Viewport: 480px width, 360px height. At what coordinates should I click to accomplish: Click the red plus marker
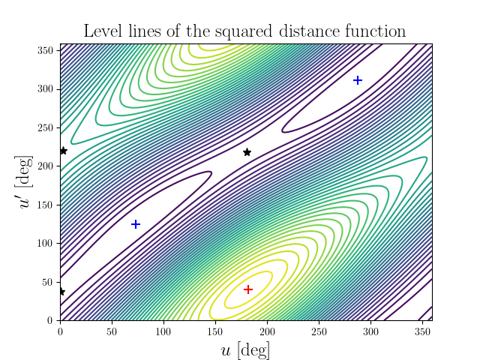click(248, 289)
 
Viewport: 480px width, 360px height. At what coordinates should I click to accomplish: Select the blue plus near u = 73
click(136, 224)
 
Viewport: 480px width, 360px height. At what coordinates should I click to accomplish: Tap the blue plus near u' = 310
click(358, 80)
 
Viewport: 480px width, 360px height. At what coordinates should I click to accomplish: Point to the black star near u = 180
click(247, 152)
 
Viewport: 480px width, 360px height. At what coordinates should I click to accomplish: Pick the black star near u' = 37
click(61, 292)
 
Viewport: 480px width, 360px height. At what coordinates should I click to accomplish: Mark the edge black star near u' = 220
click(63, 151)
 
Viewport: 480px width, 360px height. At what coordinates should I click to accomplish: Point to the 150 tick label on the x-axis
click(214, 331)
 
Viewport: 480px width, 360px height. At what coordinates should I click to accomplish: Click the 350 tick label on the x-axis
click(421, 331)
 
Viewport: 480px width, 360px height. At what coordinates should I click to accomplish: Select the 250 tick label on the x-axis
click(318, 331)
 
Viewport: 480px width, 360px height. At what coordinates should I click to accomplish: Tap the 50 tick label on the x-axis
click(112, 331)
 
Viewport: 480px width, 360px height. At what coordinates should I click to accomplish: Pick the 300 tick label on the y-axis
click(46, 88)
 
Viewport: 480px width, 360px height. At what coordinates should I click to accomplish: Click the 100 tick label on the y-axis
click(46, 243)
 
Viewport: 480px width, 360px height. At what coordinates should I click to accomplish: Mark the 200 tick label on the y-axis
click(46, 166)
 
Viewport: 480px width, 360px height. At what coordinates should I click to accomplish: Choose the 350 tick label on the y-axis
click(46, 50)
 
